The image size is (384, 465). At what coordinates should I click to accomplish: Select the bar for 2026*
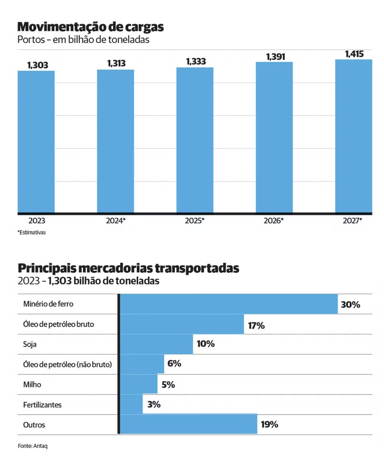pyautogui.click(x=274, y=137)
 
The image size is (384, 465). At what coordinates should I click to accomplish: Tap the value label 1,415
pyautogui.click(x=354, y=54)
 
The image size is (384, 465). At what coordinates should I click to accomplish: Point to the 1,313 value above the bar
pyautogui.click(x=116, y=63)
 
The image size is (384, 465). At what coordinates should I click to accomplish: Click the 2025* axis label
pyautogui.click(x=195, y=221)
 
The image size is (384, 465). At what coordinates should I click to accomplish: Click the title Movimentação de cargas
pyautogui.click(x=91, y=27)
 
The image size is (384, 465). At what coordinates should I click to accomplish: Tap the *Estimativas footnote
pyautogui.click(x=31, y=232)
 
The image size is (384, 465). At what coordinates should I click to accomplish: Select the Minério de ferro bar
pyautogui.click(x=229, y=304)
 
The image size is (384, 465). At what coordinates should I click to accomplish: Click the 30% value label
pyautogui.click(x=350, y=305)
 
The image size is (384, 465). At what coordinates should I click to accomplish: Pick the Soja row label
pyautogui.click(x=30, y=345)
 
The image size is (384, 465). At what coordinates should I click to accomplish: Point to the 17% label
pyautogui.click(x=256, y=326)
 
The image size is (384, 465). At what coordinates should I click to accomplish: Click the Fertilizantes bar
pyautogui.click(x=131, y=404)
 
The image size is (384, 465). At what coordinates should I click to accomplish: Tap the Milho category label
pyautogui.click(x=32, y=384)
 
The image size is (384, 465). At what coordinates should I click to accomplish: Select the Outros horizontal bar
pyautogui.click(x=189, y=424)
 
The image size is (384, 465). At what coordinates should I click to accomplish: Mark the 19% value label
pyautogui.click(x=269, y=425)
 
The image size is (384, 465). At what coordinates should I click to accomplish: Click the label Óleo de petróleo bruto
pyautogui.click(x=58, y=324)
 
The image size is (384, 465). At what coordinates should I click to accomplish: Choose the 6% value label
pyautogui.click(x=174, y=363)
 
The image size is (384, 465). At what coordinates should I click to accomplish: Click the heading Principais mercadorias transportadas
pyautogui.click(x=128, y=268)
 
